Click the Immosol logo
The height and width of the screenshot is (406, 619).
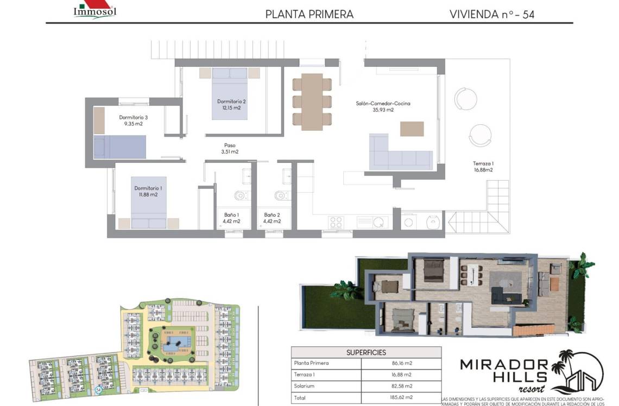pos(94,10)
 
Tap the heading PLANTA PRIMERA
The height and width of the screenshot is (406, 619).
pos(309,15)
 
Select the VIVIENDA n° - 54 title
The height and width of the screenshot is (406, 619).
pos(491,15)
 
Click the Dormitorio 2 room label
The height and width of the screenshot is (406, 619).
pos(232,101)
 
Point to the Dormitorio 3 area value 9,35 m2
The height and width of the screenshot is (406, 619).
pos(133,124)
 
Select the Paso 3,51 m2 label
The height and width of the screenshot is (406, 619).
pos(230,149)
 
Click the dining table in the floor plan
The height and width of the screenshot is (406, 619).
pos(312,101)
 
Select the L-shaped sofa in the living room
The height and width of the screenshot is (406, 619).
pos(399,155)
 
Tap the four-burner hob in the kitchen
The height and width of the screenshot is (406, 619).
pos(336,221)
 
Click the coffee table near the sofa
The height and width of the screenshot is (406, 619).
pos(412,129)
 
